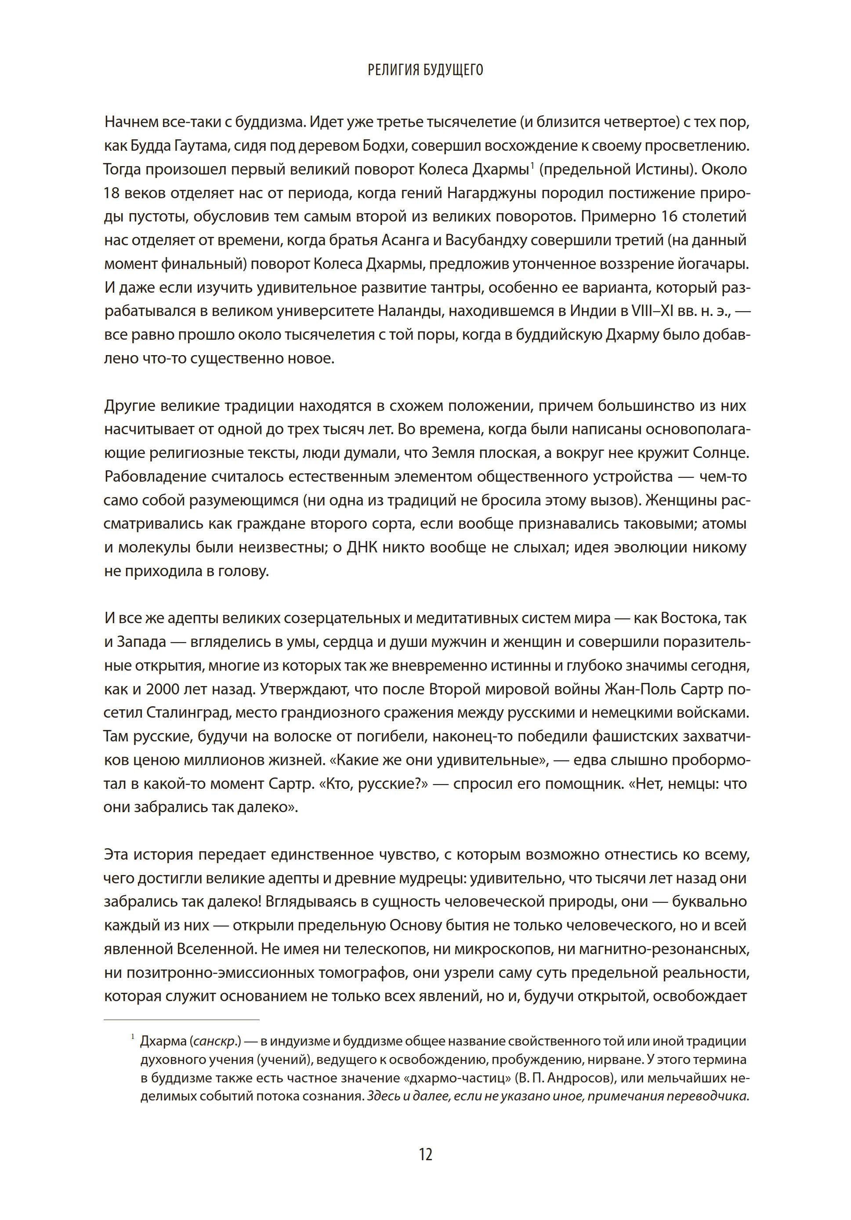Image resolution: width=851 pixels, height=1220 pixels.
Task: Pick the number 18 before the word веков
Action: (112, 193)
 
